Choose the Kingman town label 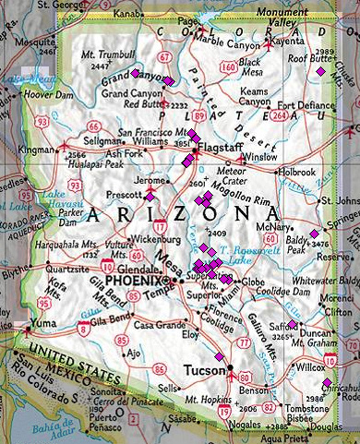point(36,149)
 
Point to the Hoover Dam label point(48,93)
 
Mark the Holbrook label point(298,172)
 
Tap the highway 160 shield point(227,66)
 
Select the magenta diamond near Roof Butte point(320,71)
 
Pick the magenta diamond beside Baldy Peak point(314,234)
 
